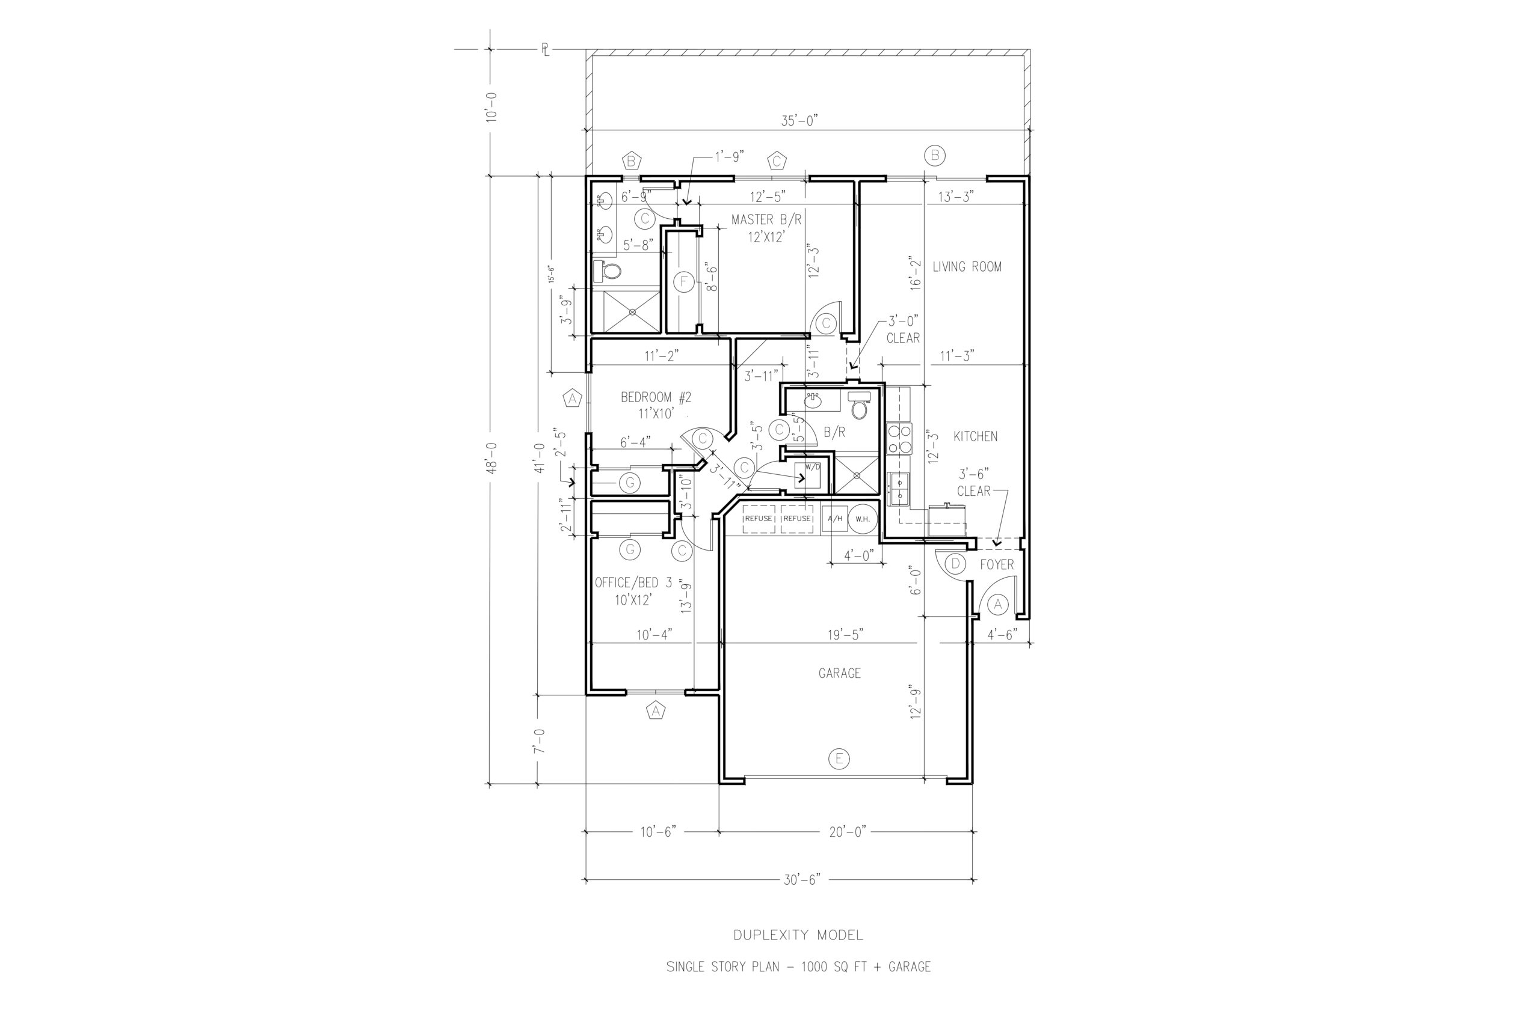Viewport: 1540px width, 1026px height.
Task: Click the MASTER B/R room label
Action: (x=766, y=220)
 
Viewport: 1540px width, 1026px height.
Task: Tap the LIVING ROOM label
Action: (x=967, y=267)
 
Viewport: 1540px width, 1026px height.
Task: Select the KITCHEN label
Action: (x=975, y=436)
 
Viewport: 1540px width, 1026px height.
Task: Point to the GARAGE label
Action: (x=839, y=673)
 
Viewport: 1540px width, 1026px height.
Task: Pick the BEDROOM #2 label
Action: (x=656, y=397)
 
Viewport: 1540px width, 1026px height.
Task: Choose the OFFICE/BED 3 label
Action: (x=633, y=582)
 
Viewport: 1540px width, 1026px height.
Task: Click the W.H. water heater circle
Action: (x=861, y=519)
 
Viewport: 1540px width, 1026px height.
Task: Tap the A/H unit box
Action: (x=835, y=519)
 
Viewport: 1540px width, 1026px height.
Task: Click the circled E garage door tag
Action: (x=839, y=759)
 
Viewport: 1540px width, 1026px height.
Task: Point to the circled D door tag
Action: (x=955, y=563)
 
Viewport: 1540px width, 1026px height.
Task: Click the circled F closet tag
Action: (x=683, y=282)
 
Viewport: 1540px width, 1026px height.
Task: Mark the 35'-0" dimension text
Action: (x=799, y=120)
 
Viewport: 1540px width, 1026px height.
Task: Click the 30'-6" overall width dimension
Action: (x=802, y=880)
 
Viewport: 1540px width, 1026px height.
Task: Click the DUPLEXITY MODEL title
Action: (x=798, y=935)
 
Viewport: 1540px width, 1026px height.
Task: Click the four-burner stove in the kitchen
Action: (x=899, y=439)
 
